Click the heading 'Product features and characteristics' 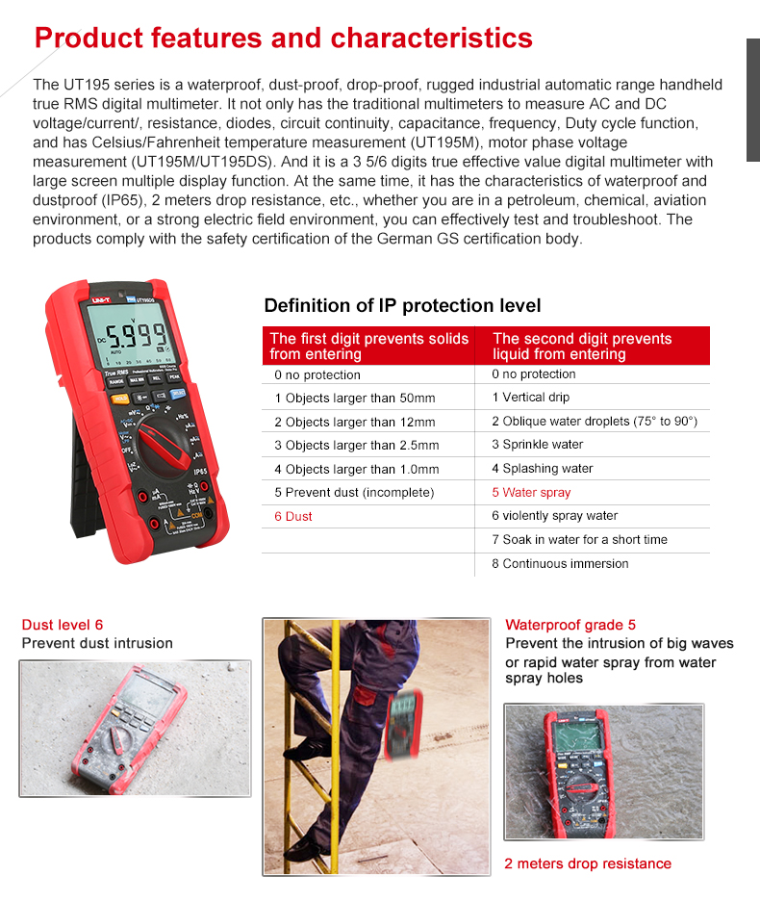coord(283,38)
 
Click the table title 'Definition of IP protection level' coord(402,305)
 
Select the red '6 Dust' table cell coord(293,517)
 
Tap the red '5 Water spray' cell coord(531,493)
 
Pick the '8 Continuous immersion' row coord(560,564)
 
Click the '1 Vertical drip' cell coord(530,398)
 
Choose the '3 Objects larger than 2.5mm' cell coord(356,446)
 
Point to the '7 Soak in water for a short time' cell coord(579,540)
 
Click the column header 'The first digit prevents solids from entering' coord(368,347)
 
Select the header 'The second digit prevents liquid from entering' coord(582,347)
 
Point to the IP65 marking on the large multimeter coord(200,472)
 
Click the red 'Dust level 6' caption coord(62,625)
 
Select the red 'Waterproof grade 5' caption coord(570,625)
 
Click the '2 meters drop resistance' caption coord(588,863)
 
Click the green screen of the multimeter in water coord(578,735)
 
